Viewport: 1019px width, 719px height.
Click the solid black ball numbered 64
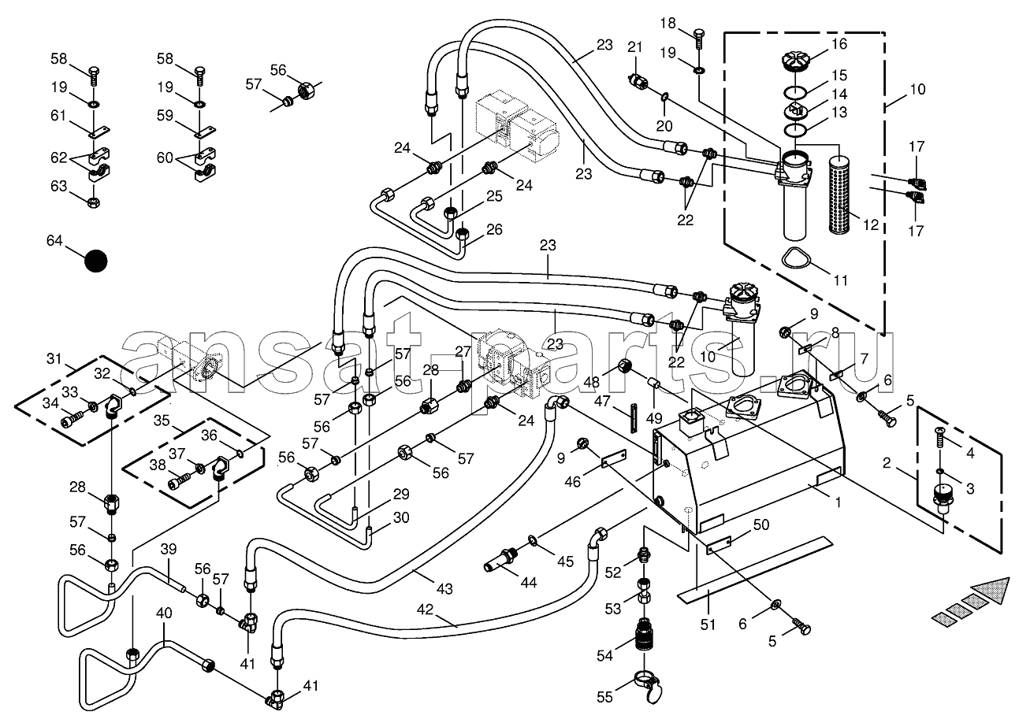(x=96, y=261)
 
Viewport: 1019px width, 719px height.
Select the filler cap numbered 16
(x=797, y=61)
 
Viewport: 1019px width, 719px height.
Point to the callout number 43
(x=444, y=588)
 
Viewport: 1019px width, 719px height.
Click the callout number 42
(x=425, y=609)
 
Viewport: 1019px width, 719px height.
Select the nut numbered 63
(x=93, y=202)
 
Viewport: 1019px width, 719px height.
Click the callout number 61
(x=58, y=116)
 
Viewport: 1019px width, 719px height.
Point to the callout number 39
(x=169, y=549)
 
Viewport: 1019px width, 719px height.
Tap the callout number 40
(x=164, y=613)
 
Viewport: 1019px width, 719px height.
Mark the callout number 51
(x=708, y=624)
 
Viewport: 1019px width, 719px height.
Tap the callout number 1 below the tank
(x=838, y=502)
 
